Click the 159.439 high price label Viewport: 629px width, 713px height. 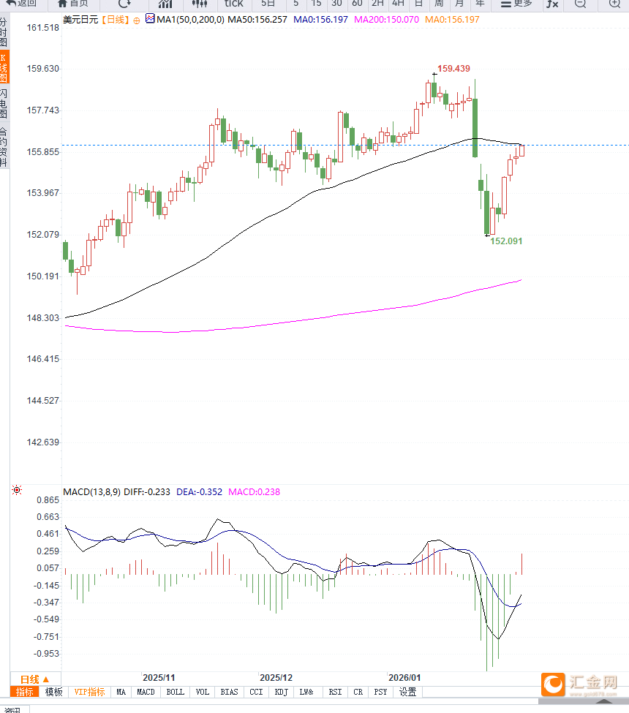coord(453,68)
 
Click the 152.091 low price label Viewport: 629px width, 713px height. coord(506,241)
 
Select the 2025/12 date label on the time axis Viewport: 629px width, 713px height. coord(276,678)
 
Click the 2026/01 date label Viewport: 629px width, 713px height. coord(404,678)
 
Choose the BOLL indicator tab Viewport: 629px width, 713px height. coord(176,692)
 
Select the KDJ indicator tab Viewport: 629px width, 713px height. coord(282,692)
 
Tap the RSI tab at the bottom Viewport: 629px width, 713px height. coord(335,692)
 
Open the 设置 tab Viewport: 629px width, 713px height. coord(407,692)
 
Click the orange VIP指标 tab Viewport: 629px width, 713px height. coord(90,692)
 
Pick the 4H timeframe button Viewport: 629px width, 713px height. coord(398,3)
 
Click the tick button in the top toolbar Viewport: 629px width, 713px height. coord(234,3)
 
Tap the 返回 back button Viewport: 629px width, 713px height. coord(22,3)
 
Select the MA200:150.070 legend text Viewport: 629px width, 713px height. coord(386,19)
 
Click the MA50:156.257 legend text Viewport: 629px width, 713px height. coord(257,19)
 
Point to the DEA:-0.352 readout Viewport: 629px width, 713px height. coord(200,492)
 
